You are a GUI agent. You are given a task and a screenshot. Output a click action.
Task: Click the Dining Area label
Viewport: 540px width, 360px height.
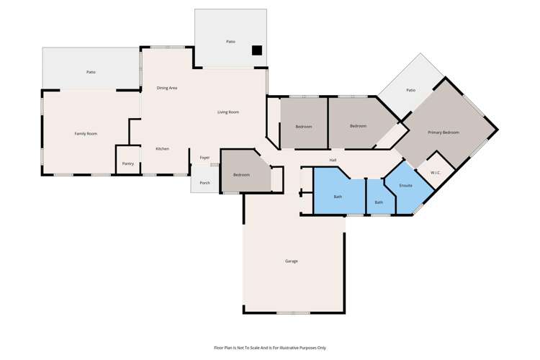point(167,88)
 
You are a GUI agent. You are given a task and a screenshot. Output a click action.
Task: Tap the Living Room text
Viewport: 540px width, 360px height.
point(228,112)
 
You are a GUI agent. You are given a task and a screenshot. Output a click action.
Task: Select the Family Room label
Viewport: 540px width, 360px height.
point(86,134)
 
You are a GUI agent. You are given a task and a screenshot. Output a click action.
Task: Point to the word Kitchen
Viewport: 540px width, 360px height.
point(163,149)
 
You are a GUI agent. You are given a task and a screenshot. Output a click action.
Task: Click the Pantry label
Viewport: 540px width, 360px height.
point(127,164)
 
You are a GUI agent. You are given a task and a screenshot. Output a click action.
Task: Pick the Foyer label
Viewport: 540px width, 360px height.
point(204,158)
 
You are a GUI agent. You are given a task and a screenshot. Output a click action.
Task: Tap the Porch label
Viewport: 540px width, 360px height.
point(204,183)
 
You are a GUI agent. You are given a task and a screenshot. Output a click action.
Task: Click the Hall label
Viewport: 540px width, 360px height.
point(333,160)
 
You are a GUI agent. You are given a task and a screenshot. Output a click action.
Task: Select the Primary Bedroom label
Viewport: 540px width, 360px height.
point(443,132)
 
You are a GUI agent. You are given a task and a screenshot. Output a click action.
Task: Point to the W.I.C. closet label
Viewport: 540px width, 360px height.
point(436,173)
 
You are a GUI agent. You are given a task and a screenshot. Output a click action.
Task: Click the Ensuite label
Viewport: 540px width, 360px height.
point(405,186)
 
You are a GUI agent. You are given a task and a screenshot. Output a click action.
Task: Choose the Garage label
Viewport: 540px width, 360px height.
point(291,261)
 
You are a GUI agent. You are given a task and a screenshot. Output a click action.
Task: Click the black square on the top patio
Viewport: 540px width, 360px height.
point(256,50)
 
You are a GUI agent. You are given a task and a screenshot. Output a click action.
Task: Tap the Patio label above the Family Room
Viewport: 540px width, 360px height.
point(91,72)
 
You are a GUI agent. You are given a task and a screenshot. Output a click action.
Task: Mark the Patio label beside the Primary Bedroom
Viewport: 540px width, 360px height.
point(410,91)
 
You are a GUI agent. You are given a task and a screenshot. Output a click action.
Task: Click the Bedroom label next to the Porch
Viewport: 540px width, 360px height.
point(241,175)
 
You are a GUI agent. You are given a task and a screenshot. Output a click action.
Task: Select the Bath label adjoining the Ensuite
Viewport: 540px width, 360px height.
point(379,202)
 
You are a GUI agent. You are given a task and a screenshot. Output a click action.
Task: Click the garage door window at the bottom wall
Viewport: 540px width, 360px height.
point(293,312)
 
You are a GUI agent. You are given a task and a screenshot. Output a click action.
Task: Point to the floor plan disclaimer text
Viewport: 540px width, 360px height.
point(270,347)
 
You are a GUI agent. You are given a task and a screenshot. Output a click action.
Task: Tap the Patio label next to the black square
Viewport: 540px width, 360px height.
point(230,42)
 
